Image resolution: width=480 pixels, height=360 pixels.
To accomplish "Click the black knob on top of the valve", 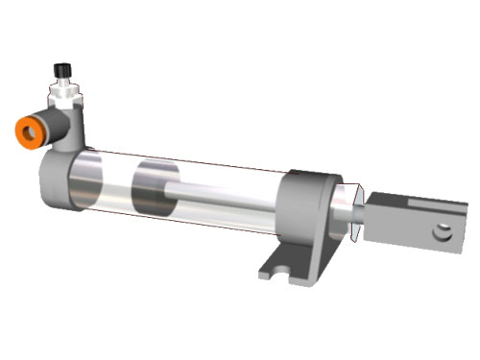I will pyautogui.click(x=62, y=70).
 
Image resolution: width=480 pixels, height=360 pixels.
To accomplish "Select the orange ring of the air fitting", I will pyautogui.click(x=26, y=131).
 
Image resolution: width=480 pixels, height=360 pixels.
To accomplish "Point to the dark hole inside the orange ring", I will pyautogui.click(x=25, y=132).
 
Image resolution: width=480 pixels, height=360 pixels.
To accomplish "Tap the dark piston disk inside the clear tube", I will pyautogui.click(x=153, y=188).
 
